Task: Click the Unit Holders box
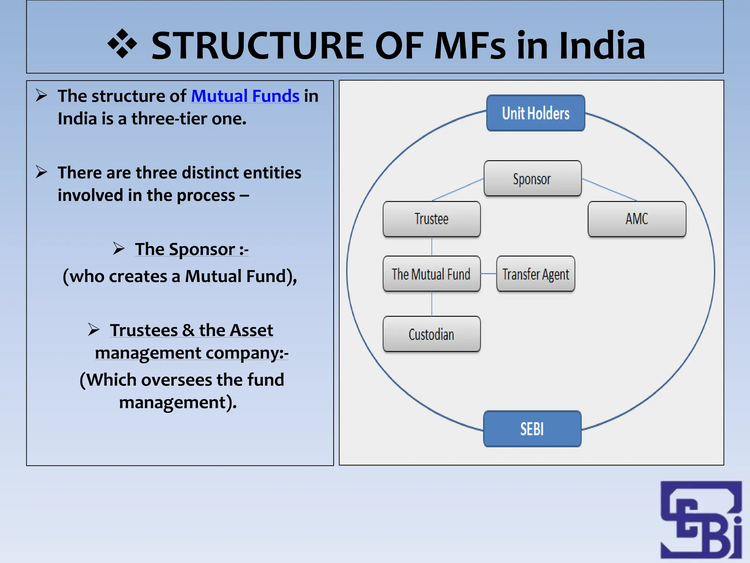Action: coord(535,113)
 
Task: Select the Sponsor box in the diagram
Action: coord(532,179)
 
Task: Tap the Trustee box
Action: coord(431,219)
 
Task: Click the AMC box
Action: coord(637,219)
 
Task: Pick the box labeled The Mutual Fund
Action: coord(431,274)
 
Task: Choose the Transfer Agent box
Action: coord(535,274)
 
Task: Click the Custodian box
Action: coord(431,334)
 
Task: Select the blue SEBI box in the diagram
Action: coord(532,428)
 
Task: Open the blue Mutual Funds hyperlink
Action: coord(245,96)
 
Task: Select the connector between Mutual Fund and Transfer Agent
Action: coord(489,274)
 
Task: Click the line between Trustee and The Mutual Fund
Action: coord(432,246)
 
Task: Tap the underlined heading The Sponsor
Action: coord(192,249)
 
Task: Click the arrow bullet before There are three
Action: coord(41,172)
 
